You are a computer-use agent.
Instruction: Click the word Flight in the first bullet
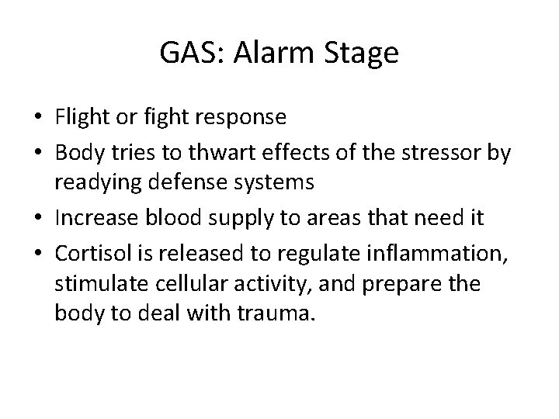[x=81, y=118]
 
